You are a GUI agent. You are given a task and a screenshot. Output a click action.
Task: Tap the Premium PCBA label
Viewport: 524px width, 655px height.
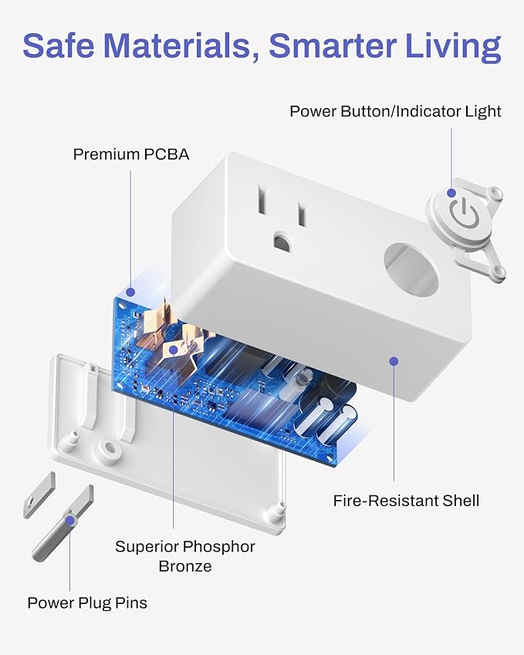click(x=130, y=154)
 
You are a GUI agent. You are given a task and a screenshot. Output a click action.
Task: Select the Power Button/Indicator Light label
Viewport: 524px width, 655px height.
click(x=395, y=111)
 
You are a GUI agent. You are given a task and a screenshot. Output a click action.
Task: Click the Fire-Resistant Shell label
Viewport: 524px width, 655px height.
click(x=406, y=501)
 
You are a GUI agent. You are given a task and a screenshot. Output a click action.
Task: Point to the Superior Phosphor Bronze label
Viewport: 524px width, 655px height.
click(x=184, y=556)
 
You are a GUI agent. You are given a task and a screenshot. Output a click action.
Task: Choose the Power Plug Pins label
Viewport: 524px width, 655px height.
click(x=87, y=603)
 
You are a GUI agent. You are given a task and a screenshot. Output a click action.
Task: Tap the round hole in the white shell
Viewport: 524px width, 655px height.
click(x=411, y=269)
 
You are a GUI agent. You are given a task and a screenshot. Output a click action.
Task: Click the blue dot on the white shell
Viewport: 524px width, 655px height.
click(x=394, y=360)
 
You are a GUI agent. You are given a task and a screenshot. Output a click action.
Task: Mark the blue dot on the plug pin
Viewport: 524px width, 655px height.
click(x=70, y=521)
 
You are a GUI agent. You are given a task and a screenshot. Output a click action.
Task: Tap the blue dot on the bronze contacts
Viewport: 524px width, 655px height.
click(x=174, y=349)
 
